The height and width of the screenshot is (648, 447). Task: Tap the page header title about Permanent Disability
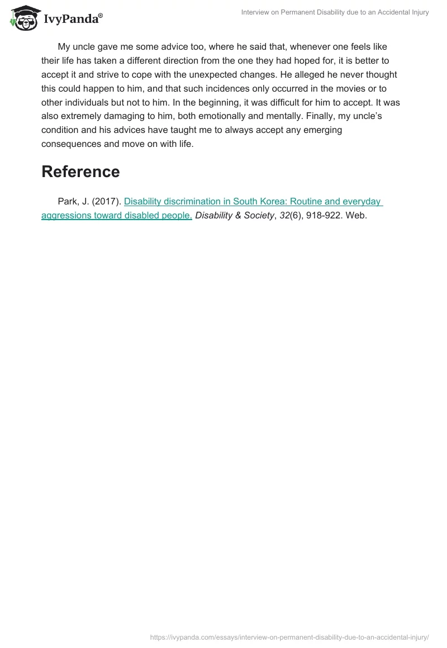coord(335,12)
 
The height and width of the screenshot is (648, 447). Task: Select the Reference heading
coord(80,171)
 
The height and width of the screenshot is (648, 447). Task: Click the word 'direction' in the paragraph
coord(196,60)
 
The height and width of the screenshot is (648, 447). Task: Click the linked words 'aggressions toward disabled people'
coord(117,216)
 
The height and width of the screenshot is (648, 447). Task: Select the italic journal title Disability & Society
coord(235,216)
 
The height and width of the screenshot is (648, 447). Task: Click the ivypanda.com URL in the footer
coord(289,636)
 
